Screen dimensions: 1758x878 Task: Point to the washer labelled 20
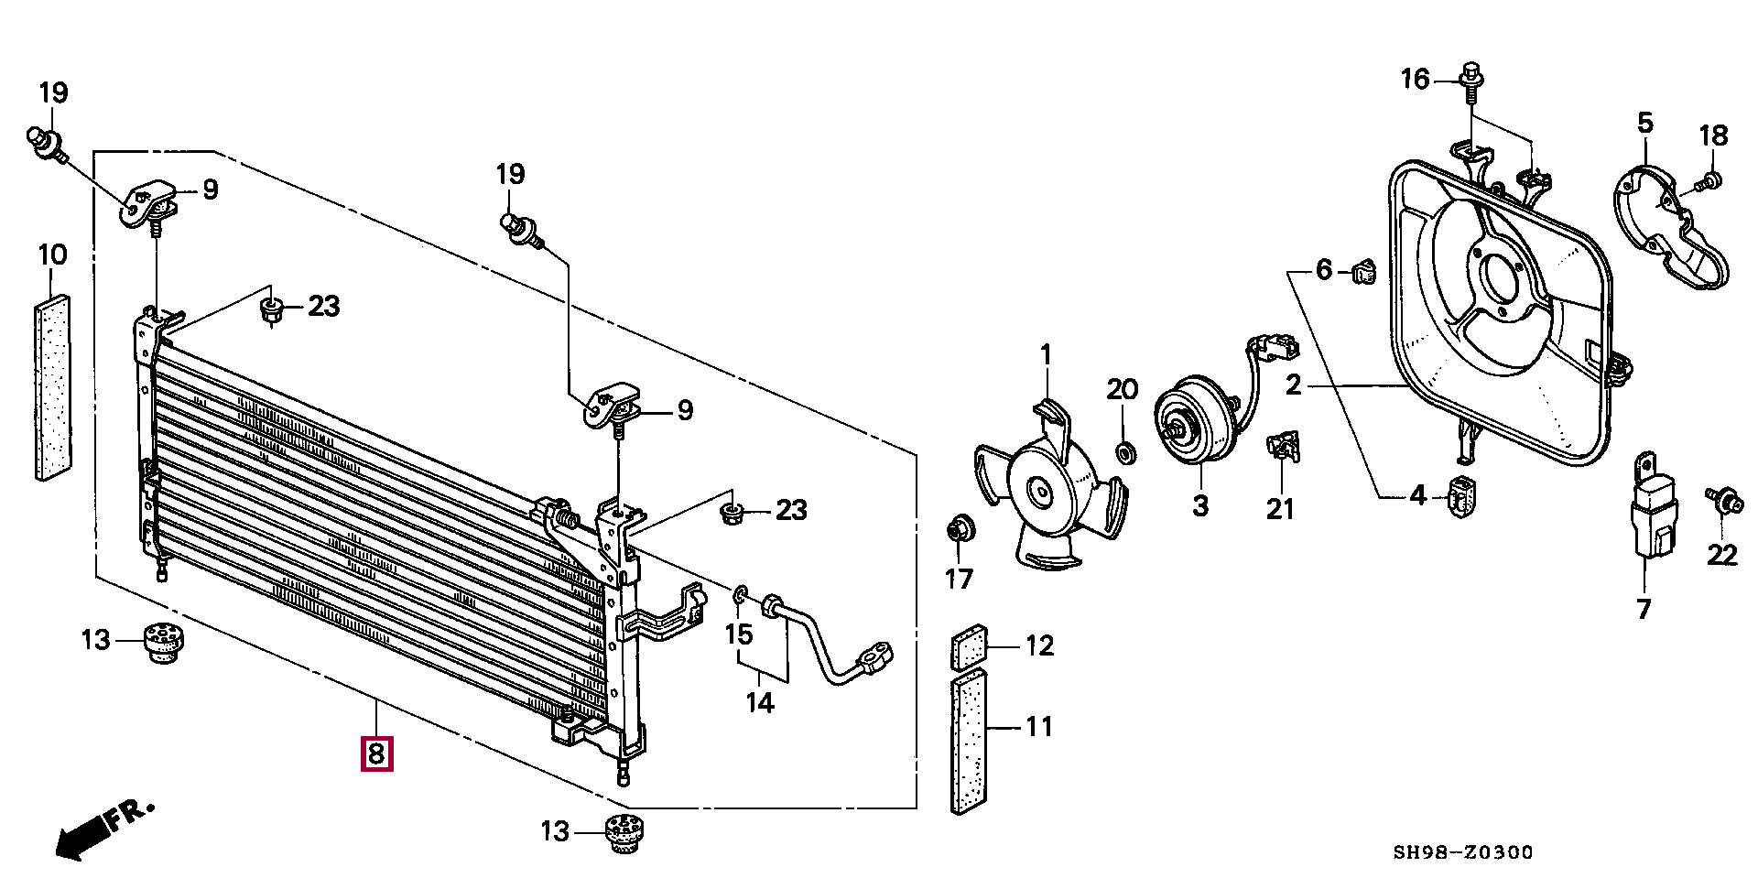point(1123,452)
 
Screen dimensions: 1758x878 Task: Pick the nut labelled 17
point(959,529)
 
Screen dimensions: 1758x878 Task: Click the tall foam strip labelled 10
point(52,385)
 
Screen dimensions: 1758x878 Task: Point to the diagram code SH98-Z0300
point(1462,852)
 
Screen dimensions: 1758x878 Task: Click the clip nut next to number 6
point(1362,272)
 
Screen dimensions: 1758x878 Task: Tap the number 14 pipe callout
point(760,702)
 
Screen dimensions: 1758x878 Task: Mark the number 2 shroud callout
point(1293,385)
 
